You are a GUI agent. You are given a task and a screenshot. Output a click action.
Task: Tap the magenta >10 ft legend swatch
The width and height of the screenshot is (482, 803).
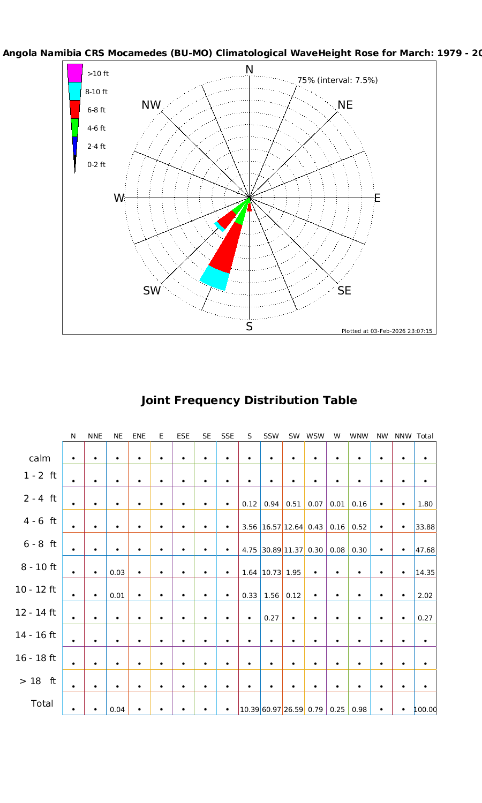[74, 73]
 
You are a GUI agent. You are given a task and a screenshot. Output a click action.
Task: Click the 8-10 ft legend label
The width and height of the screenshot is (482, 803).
[96, 92]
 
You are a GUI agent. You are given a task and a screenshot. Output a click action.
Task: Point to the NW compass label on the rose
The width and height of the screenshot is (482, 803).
[151, 105]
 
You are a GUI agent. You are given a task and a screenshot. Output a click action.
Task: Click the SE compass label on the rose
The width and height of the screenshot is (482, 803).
[344, 291]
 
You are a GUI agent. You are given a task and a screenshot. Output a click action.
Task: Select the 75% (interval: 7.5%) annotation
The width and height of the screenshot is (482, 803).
[337, 80]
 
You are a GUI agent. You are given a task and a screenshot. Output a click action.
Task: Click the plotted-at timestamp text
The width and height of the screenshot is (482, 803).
[387, 331]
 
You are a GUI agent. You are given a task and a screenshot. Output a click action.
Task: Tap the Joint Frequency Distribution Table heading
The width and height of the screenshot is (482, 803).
[249, 400]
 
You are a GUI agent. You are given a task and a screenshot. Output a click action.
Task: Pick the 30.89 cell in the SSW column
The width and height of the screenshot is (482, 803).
[272, 550]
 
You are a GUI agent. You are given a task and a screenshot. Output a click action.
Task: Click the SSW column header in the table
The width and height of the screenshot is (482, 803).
[272, 436]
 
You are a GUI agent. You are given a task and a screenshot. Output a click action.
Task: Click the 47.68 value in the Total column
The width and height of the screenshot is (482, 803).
[425, 550]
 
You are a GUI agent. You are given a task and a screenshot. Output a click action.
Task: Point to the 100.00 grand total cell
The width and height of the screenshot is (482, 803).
[425, 710]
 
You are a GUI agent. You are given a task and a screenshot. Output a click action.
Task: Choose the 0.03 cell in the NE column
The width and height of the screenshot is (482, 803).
[117, 573]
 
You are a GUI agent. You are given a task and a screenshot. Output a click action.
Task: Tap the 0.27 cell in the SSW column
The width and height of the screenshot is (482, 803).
[272, 618]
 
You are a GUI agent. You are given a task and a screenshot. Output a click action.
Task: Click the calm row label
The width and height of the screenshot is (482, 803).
[40, 459]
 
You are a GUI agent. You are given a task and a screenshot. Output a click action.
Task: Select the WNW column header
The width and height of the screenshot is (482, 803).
[359, 436]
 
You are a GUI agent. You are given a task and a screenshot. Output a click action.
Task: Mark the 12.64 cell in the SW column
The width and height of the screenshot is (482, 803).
[293, 527]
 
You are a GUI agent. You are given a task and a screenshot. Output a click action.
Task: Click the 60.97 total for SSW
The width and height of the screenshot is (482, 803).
[272, 710]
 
